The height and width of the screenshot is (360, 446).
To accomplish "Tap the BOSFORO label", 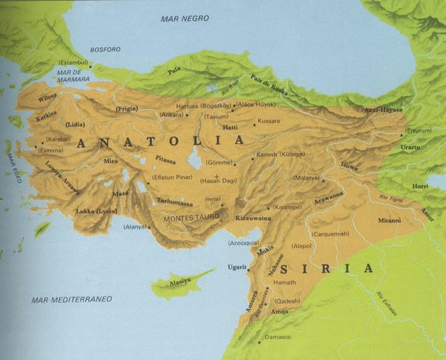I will coord(105,49).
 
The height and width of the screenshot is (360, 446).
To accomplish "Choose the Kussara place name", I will coord(269,120).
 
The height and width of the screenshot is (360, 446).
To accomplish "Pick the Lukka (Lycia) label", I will coord(96,211).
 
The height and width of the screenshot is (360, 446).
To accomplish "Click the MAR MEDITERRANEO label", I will coord(72,300).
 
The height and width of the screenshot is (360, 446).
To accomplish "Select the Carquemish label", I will coord(332,234).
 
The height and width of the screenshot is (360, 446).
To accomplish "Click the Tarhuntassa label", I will coord(175,201).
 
